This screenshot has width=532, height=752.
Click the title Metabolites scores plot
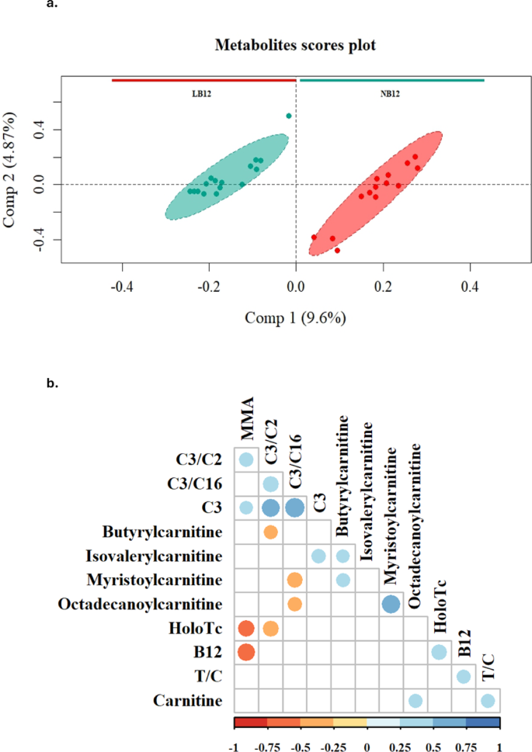click(x=295, y=46)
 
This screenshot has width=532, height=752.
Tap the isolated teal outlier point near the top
click(x=289, y=116)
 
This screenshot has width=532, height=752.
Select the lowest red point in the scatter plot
click(x=337, y=250)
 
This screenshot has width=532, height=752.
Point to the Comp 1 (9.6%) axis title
click(x=295, y=317)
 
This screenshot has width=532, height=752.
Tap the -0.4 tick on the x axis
click(x=121, y=286)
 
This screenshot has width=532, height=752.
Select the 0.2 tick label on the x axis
click(x=382, y=286)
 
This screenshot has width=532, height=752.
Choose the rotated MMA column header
click(x=246, y=425)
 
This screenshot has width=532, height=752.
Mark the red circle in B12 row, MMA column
click(x=246, y=653)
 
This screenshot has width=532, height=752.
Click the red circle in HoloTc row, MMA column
click(x=246, y=629)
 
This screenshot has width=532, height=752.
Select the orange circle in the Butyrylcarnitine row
click(x=270, y=532)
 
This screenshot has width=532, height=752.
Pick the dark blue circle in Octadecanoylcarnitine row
click(x=391, y=604)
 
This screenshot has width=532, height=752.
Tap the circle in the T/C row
click(x=463, y=677)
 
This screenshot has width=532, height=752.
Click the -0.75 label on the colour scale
click(x=267, y=744)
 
